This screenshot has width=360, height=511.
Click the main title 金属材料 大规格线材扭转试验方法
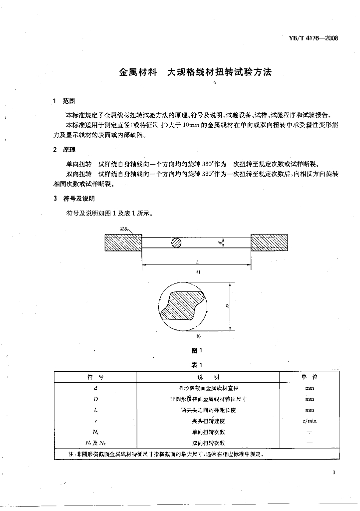click(x=195, y=72)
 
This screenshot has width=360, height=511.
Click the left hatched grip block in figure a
click(x=123, y=243)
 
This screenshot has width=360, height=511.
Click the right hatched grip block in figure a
click(x=269, y=243)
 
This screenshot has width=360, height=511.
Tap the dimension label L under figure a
click(x=198, y=261)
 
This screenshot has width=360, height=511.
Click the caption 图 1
click(x=197, y=350)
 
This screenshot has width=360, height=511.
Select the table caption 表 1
click(x=197, y=365)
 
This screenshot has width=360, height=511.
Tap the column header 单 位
click(x=310, y=377)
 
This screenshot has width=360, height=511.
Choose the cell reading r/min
click(x=310, y=421)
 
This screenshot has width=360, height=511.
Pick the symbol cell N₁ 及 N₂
click(x=94, y=443)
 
